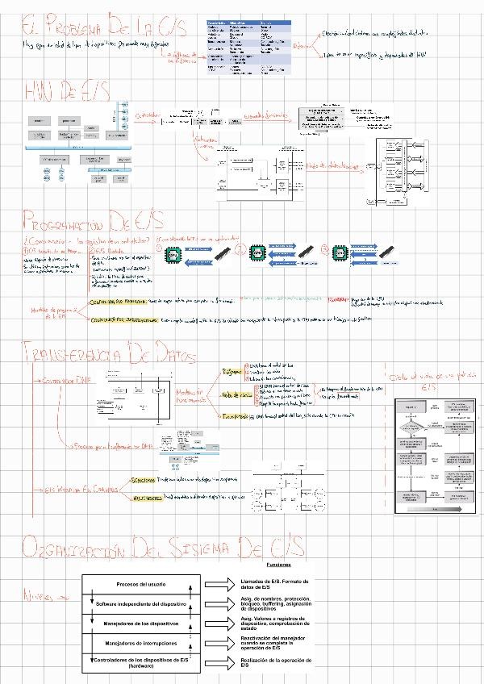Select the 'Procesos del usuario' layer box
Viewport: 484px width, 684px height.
(141, 583)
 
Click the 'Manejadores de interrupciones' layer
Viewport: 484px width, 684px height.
(141, 643)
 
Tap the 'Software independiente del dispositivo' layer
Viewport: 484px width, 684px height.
(141, 603)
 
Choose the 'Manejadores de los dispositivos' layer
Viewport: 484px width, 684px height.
(141, 623)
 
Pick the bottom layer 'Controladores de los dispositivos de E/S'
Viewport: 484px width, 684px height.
(141, 662)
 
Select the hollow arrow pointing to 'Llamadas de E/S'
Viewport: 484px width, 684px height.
(219, 584)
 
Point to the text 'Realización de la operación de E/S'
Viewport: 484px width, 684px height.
(275, 662)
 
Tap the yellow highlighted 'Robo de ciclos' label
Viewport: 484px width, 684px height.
(236, 395)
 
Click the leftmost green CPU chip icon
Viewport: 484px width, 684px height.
(172, 255)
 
